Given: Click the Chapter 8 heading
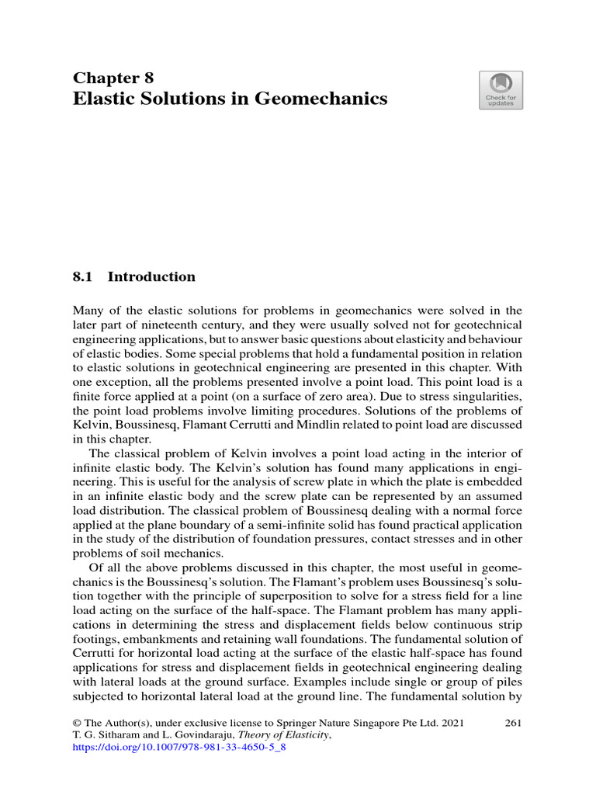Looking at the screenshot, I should [x=113, y=78].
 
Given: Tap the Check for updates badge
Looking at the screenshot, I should [x=501, y=90].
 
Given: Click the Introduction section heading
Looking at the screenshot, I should [x=151, y=277].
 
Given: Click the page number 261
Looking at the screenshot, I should [x=512, y=723].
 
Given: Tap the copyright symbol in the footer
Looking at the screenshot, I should [x=77, y=723].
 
